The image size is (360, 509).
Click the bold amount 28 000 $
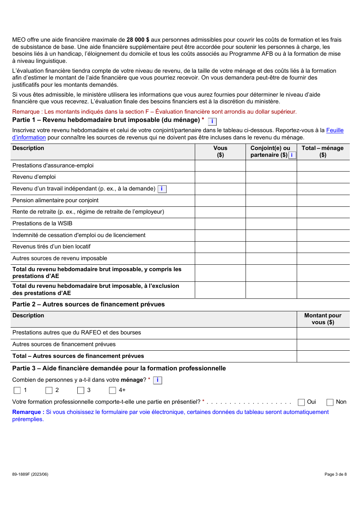[138, 40]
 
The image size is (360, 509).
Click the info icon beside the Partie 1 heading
[212, 122]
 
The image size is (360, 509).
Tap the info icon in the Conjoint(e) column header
[292, 155]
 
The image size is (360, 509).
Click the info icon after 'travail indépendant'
[162, 189]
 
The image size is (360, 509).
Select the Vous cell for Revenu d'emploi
[220, 177]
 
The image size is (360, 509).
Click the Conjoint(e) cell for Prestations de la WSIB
[271, 223]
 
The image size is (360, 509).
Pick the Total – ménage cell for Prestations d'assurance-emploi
[323, 166]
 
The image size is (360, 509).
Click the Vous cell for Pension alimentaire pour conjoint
[220, 200]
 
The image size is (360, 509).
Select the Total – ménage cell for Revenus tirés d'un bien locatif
[323, 247]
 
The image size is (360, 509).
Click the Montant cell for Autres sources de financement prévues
[323, 345]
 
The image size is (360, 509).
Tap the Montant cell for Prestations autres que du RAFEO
[323, 333]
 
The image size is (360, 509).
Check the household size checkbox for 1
[17, 390]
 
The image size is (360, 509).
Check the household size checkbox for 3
[81, 390]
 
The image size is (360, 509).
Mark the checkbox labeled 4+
[113, 390]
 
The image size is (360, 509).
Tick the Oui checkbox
[301, 402]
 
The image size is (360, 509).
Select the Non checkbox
[330, 402]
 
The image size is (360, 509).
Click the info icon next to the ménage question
[158, 380]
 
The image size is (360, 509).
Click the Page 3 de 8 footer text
[335, 474]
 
